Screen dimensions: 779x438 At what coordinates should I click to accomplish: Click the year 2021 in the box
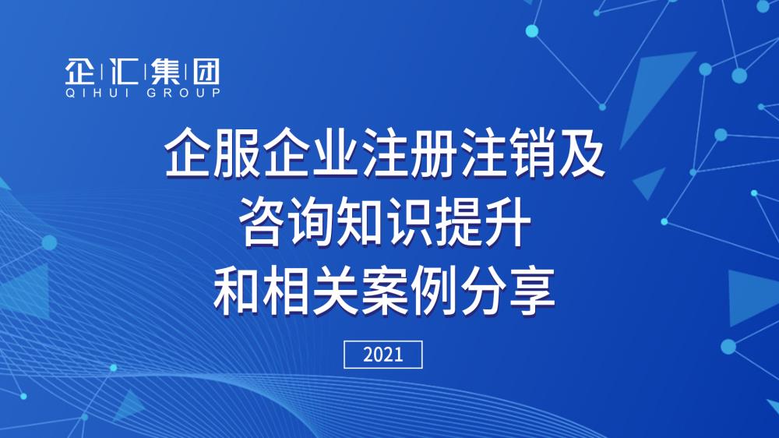[383, 355]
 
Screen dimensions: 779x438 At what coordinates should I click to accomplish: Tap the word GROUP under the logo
[183, 93]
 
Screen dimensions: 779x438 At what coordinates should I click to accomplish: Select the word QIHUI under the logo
[98, 93]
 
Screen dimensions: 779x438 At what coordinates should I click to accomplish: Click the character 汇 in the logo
[123, 72]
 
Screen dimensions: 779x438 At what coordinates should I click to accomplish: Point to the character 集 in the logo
[165, 72]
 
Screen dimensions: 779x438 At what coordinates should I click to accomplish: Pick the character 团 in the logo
[206, 72]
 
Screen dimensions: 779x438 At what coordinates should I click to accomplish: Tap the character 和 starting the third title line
[237, 291]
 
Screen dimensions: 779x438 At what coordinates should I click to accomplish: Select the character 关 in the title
[335, 291]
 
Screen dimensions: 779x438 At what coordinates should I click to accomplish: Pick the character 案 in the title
[385, 291]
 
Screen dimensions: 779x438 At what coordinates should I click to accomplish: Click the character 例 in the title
[434, 291]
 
